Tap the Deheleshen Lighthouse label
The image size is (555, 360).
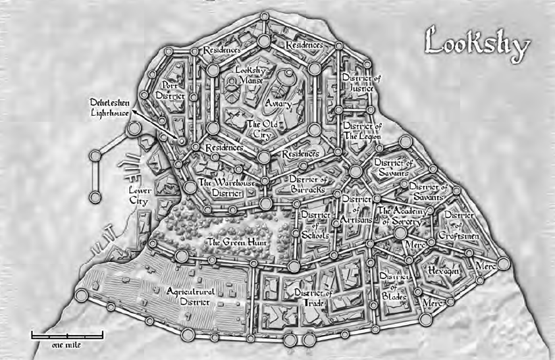[x=111, y=108]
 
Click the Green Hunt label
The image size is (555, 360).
[x=228, y=242]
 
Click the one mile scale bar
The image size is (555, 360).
[x=66, y=337]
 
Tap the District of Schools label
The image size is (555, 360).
[x=315, y=224]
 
